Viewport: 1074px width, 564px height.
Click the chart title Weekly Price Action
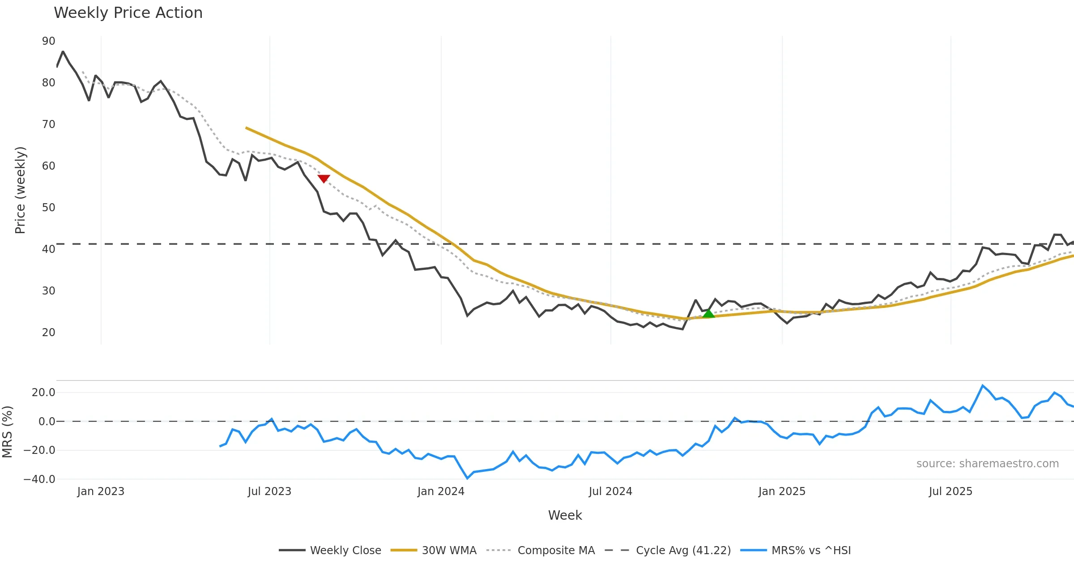pos(128,13)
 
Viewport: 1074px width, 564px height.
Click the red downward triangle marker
pos(324,179)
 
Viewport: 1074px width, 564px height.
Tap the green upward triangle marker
pos(708,314)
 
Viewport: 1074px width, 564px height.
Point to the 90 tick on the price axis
pos(48,41)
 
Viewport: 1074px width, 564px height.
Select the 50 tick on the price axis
pos(48,208)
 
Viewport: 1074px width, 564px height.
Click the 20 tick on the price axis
pos(48,333)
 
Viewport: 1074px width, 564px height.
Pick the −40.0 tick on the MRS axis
pos(39,479)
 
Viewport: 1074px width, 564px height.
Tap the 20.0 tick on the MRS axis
pos(43,393)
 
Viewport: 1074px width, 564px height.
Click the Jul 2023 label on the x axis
pos(269,491)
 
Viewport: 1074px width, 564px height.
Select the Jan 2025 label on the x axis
pos(782,491)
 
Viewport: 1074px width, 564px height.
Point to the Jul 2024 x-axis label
pos(610,491)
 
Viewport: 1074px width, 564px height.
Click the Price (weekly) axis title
pos(21,190)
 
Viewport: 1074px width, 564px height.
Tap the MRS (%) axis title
pos(7,432)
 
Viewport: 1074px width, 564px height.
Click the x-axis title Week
pos(565,516)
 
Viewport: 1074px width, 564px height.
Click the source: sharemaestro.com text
pos(987,464)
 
